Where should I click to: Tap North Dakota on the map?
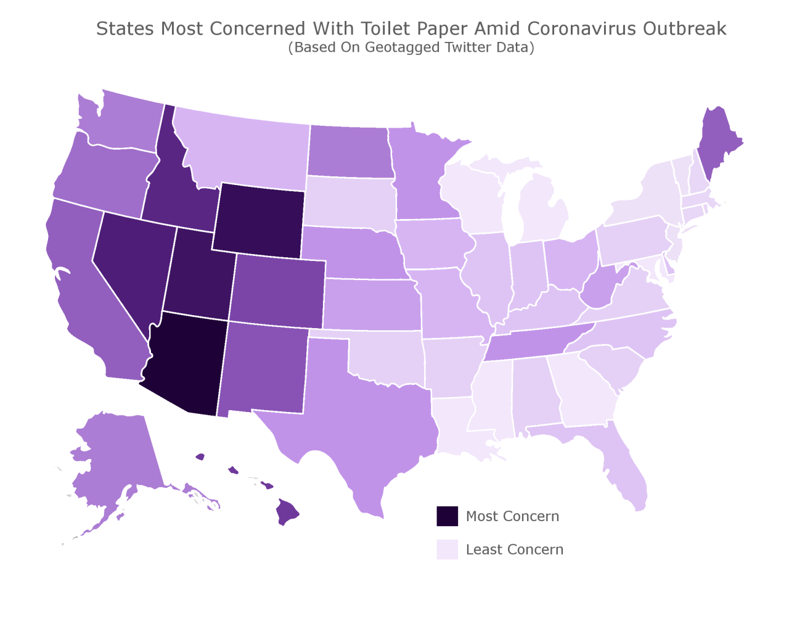[348, 151]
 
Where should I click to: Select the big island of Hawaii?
[287, 511]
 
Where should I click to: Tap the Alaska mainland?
[117, 456]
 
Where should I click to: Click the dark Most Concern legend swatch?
[448, 516]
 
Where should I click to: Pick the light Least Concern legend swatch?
[448, 550]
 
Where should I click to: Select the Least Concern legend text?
[515, 550]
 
